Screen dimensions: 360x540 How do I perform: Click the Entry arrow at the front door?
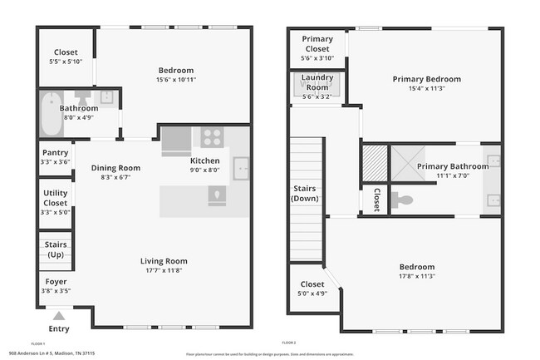coord(57,315)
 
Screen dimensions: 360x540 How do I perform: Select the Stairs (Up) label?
coord(56,249)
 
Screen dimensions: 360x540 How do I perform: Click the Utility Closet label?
coord(55,198)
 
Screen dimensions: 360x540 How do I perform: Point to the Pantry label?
coord(55,152)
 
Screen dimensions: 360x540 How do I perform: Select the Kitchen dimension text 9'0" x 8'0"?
coord(205,170)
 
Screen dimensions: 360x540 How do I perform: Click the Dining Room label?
coord(115,167)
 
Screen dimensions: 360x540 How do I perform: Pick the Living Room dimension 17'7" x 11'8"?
coord(163,270)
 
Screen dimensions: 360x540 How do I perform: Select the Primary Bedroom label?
coord(426,79)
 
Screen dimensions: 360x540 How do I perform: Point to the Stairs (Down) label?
coord(305,194)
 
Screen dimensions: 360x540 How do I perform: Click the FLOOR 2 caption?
coord(288,343)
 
